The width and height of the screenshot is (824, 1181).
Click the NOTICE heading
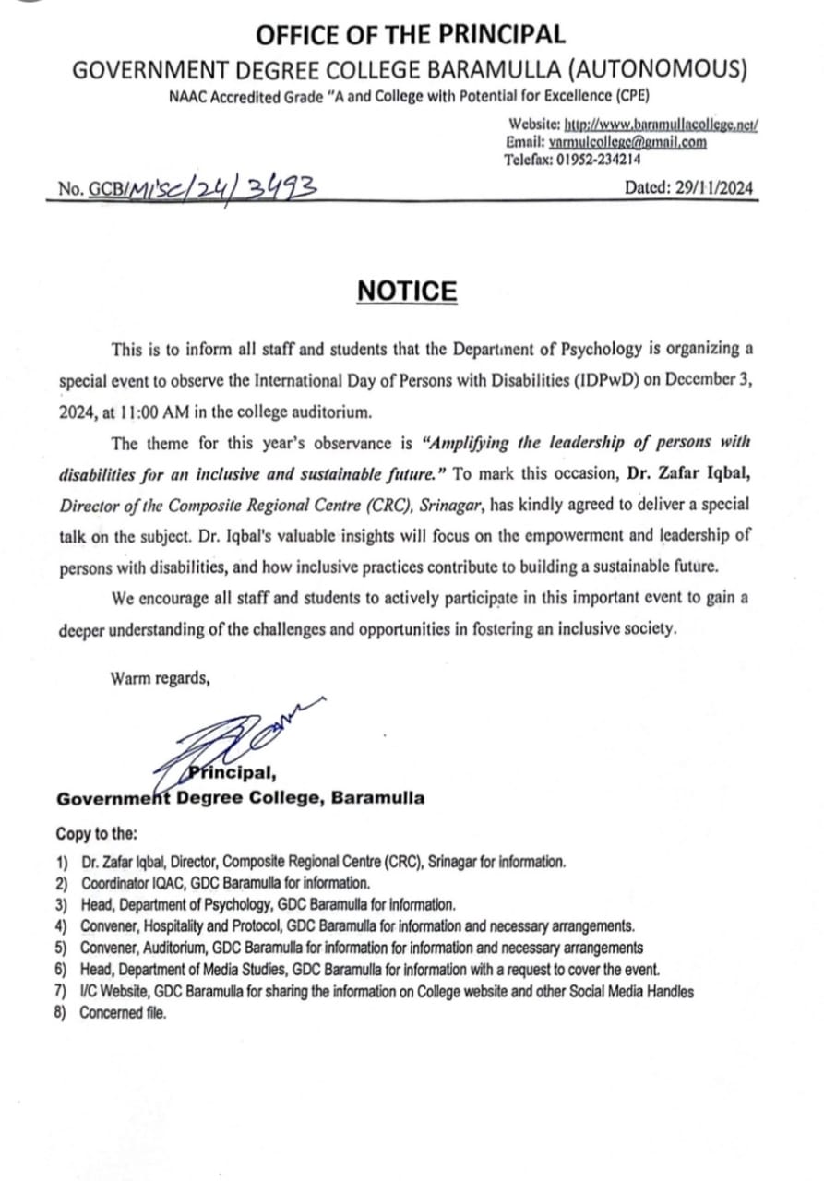click(407, 292)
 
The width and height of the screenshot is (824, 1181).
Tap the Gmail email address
click(627, 142)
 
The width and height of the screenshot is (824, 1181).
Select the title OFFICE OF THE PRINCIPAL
click(411, 35)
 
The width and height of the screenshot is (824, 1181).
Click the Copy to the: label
click(96, 833)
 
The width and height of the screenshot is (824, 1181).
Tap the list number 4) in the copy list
click(62, 925)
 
